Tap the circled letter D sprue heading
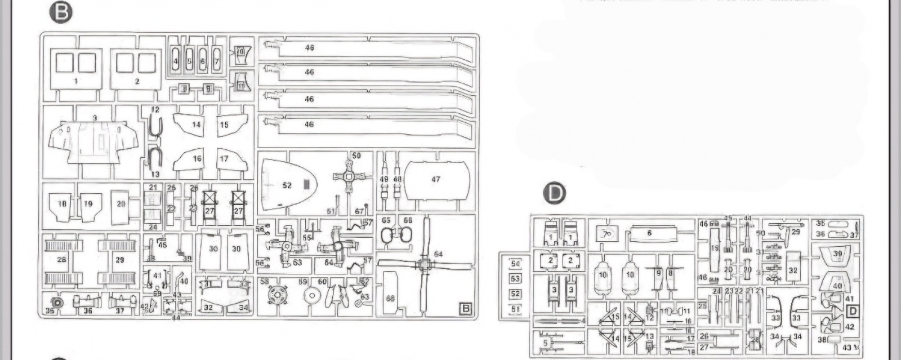tap(555, 193)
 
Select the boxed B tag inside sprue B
tap(465, 308)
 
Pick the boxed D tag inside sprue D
tap(853, 310)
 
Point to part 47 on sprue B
tap(436, 180)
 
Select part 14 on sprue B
tap(195, 124)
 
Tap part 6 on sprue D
tap(649, 233)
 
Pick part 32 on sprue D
tap(793, 270)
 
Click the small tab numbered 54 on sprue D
tap(515, 264)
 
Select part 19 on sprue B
tap(88, 204)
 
